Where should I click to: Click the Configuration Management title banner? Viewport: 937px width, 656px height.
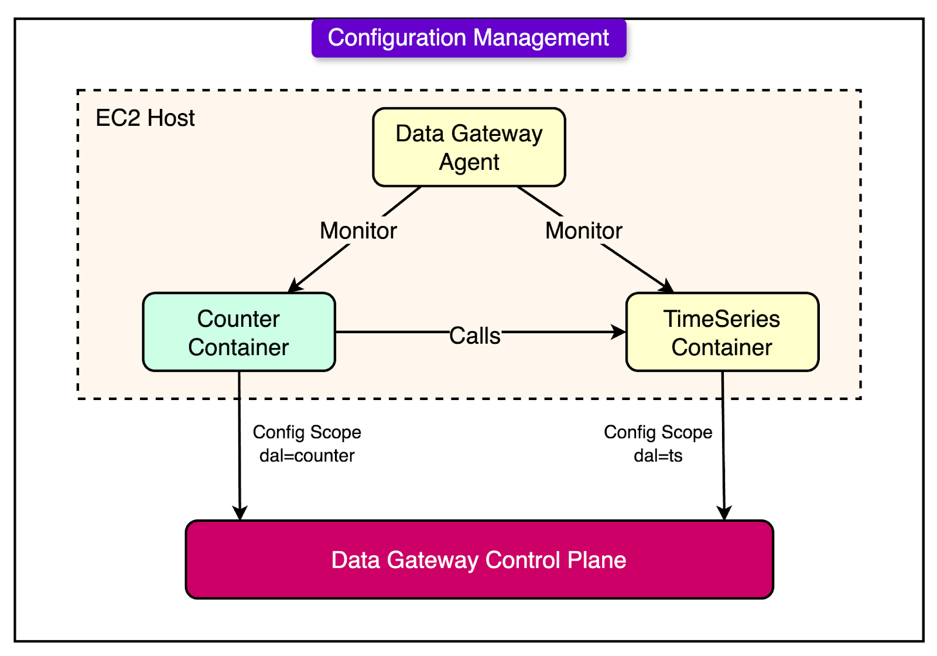(468, 38)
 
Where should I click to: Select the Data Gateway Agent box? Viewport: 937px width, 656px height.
(468, 147)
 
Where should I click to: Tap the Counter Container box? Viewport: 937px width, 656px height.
(239, 332)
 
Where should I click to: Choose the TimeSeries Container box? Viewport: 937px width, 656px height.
(722, 332)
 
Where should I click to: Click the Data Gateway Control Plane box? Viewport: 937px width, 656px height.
(479, 560)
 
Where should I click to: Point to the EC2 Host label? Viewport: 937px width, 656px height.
(145, 118)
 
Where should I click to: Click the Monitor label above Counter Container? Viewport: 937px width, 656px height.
(358, 231)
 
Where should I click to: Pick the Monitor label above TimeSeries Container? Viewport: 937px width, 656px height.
(583, 231)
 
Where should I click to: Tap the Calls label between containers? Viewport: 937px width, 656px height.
(474, 336)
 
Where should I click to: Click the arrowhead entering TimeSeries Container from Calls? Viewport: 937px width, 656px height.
(619, 332)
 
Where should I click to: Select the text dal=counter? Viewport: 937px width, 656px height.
(307, 456)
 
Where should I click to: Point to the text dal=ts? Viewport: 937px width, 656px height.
(658, 456)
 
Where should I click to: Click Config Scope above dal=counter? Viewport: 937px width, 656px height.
(307, 432)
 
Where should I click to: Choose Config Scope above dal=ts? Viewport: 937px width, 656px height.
(658, 432)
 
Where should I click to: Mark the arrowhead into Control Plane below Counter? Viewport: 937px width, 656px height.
(240, 512)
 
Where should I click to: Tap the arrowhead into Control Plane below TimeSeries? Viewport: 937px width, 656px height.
(724, 512)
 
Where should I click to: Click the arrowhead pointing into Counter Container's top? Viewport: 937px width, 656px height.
(295, 286)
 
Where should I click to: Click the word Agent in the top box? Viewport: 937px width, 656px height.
(468, 162)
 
